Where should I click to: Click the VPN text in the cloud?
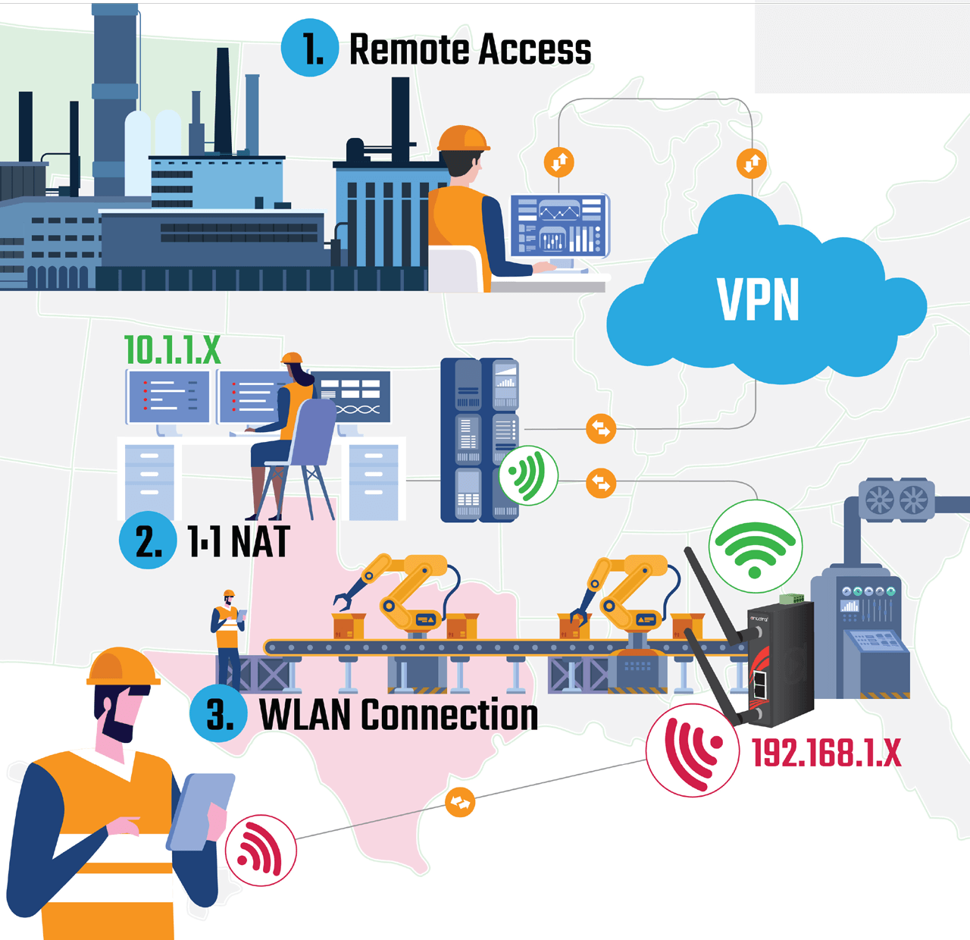point(758,300)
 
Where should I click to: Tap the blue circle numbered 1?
point(310,49)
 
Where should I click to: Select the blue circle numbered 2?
point(148,540)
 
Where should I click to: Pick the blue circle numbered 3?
point(218,714)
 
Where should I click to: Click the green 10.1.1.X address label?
point(172,350)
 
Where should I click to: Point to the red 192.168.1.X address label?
point(826,754)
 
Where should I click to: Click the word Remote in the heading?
point(408,50)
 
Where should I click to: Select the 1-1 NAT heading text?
point(239,541)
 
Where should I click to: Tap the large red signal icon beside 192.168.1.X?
point(693,750)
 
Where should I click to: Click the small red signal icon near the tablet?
point(261,850)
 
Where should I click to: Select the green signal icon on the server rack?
point(528,475)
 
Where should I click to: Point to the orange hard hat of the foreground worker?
point(120,667)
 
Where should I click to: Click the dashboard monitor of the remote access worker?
point(559,226)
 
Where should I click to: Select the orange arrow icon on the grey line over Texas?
point(460,802)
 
